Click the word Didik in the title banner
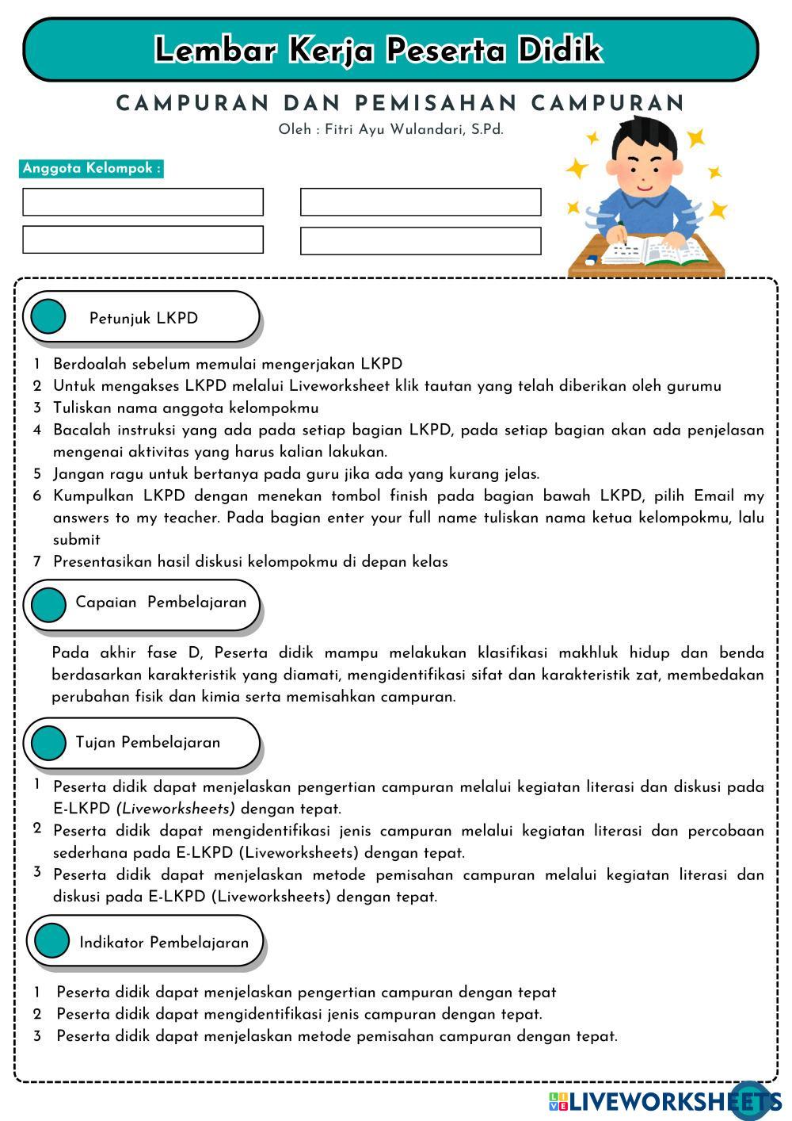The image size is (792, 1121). (x=560, y=50)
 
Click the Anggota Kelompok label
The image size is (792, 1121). (x=91, y=168)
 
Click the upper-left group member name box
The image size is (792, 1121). (x=143, y=202)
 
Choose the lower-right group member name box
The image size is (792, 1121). (x=421, y=241)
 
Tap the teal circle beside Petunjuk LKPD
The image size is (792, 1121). (x=48, y=317)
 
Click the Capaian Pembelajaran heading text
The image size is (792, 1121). (x=161, y=603)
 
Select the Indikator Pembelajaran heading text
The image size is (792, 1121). (x=164, y=943)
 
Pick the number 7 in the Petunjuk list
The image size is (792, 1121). (x=36, y=561)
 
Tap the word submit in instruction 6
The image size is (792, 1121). (x=77, y=540)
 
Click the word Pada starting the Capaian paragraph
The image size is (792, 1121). (x=70, y=653)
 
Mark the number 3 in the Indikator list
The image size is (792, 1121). (x=36, y=1035)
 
